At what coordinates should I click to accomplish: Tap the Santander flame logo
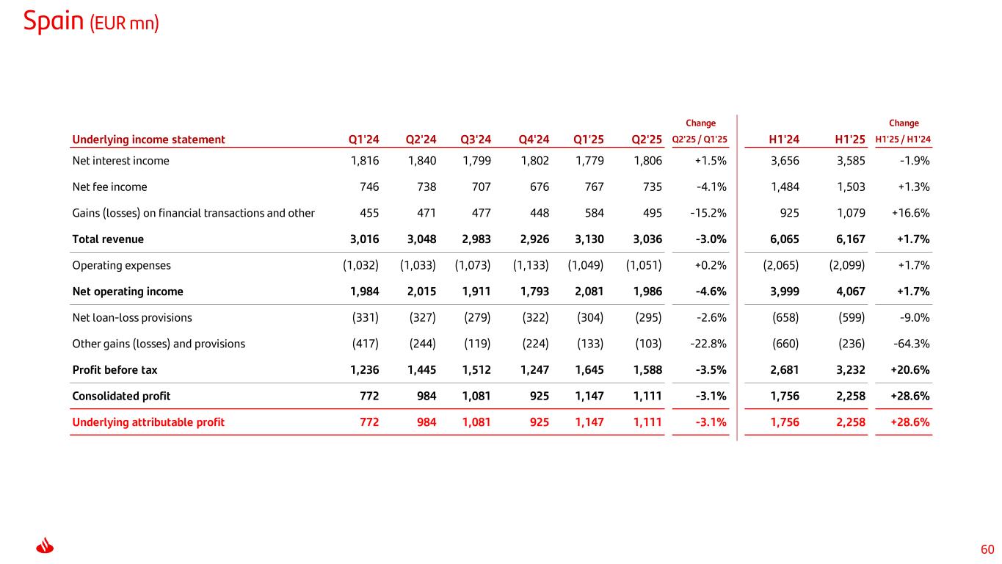pyautogui.click(x=46, y=548)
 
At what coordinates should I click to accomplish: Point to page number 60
pyautogui.click(x=987, y=549)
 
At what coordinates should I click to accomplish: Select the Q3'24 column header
pyautogui.click(x=476, y=140)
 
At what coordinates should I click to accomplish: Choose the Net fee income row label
pyautogui.click(x=109, y=187)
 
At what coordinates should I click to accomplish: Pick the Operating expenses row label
pyautogui.click(x=121, y=265)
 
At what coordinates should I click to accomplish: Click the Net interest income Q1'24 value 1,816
pyautogui.click(x=365, y=161)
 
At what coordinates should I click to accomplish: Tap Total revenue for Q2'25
pyautogui.click(x=647, y=239)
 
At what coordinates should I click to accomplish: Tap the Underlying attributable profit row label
pyautogui.click(x=148, y=422)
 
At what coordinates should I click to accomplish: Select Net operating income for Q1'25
pyautogui.click(x=589, y=292)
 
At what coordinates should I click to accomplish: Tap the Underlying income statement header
pyautogui.click(x=148, y=140)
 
